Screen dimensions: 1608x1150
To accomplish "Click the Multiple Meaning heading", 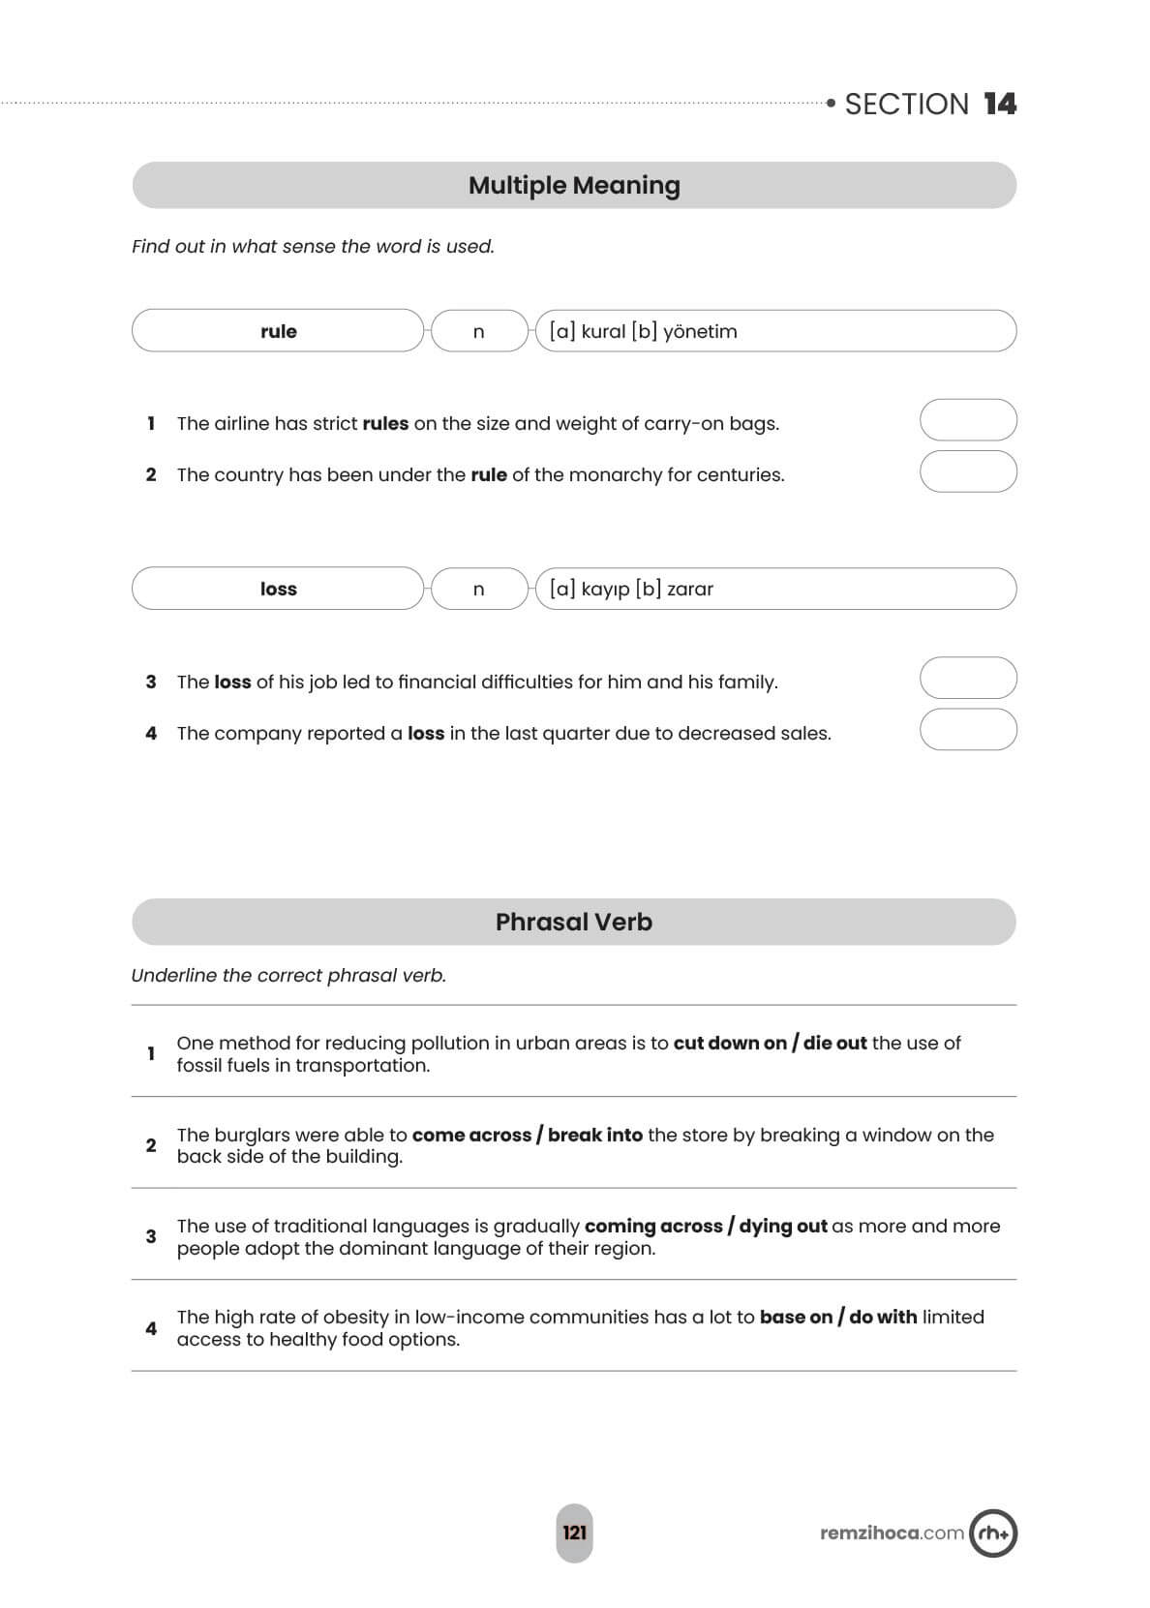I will pyautogui.click(x=574, y=185).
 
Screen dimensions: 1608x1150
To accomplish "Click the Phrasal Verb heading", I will pyautogui.click(x=574, y=922).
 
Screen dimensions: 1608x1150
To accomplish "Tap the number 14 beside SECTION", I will pyautogui.click(x=1000, y=105).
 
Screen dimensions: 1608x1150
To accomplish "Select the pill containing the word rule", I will pyautogui.click(x=278, y=331).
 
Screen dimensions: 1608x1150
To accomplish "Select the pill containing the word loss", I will pyautogui.click(x=278, y=589).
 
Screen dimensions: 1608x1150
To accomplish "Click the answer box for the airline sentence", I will pyautogui.click(x=967, y=421).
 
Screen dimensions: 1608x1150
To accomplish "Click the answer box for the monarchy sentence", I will pyautogui.click(x=967, y=472).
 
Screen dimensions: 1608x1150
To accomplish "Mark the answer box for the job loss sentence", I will pyautogui.click(x=967, y=679).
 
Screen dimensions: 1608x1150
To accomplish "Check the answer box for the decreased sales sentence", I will pyautogui.click(x=967, y=730).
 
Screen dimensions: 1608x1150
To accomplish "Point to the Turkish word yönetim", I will pyautogui.click(x=700, y=331).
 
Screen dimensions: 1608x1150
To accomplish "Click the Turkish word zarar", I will pyautogui.click(x=689, y=589).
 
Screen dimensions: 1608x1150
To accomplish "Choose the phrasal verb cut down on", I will pyautogui.click(x=730, y=1043).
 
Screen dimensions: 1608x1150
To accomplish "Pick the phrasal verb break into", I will pyautogui.click(x=595, y=1135).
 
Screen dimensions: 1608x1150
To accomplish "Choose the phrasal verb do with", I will pyautogui.click(x=883, y=1317).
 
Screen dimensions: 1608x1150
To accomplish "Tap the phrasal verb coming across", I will pyautogui.click(x=653, y=1226).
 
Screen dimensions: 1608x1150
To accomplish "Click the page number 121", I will pyautogui.click(x=574, y=1532).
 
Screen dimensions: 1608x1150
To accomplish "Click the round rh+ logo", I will pyautogui.click(x=993, y=1532).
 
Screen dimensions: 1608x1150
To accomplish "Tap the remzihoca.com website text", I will pyautogui.click(x=892, y=1532).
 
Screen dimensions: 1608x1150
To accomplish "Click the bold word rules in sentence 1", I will pyautogui.click(x=385, y=423).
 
